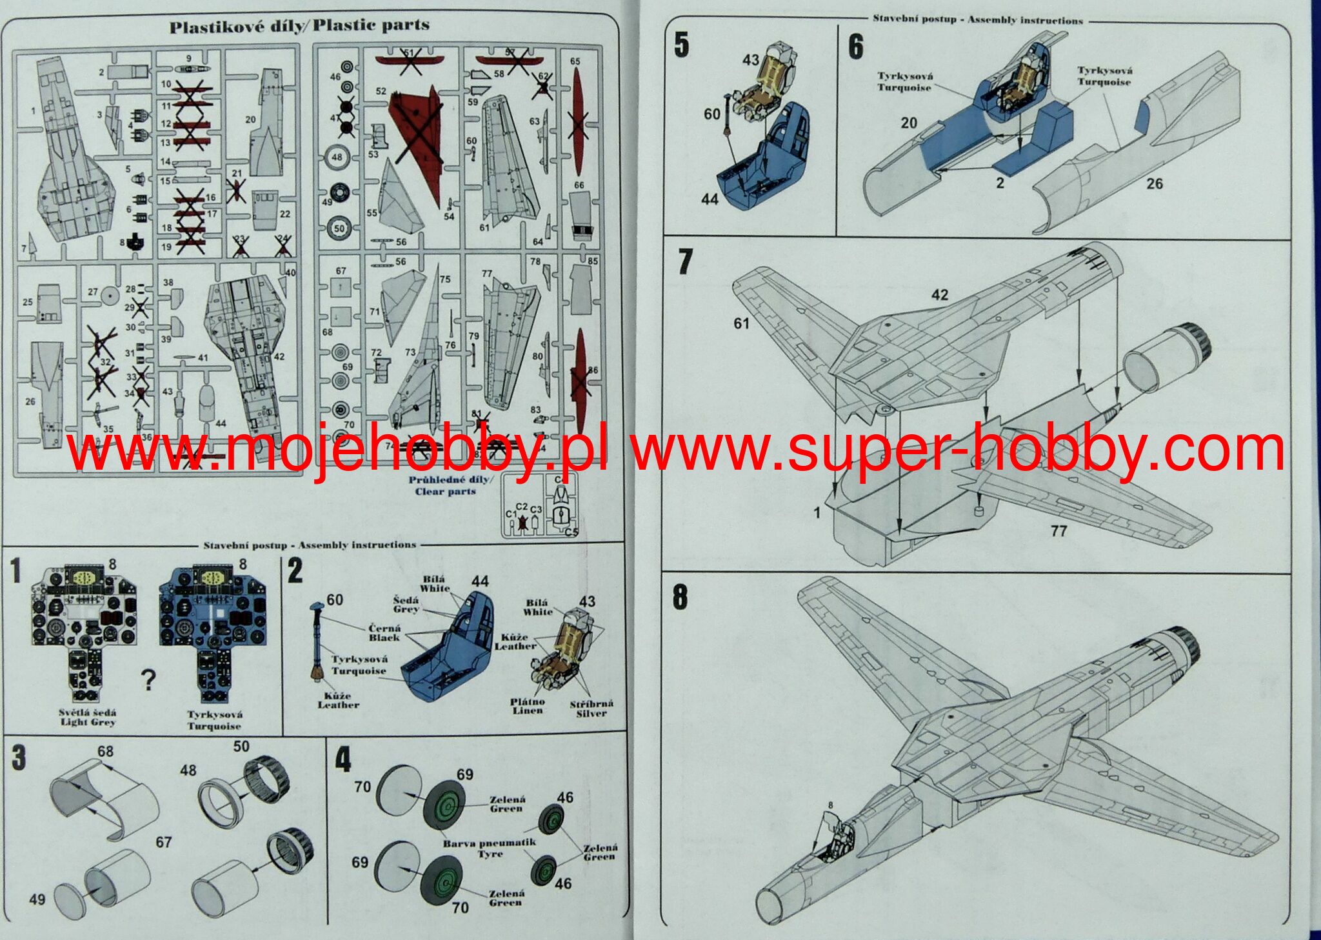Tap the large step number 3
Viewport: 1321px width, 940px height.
click(x=19, y=757)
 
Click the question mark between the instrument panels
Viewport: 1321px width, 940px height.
click(x=148, y=679)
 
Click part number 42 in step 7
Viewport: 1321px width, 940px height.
click(x=940, y=295)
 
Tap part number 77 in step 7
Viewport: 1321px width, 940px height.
click(x=1058, y=531)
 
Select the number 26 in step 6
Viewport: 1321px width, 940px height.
click(x=1155, y=184)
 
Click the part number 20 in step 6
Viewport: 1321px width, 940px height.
click(x=908, y=123)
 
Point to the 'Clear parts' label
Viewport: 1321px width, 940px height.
click(x=445, y=492)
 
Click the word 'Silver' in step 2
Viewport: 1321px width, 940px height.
click(x=591, y=714)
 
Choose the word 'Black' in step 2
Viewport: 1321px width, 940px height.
click(x=384, y=637)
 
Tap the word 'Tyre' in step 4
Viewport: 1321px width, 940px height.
click(x=490, y=854)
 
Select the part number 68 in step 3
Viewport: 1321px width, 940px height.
click(x=105, y=752)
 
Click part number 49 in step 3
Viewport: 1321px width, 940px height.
click(x=37, y=899)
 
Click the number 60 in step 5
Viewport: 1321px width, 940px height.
click(x=712, y=114)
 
